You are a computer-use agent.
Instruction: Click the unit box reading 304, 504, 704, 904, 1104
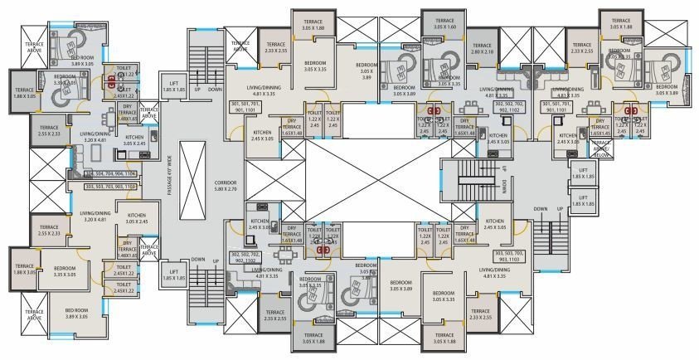(114, 174)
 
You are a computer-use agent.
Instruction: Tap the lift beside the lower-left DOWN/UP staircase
(173, 273)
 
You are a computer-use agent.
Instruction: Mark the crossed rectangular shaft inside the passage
(191, 179)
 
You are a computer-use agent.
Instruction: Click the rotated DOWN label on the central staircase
(503, 190)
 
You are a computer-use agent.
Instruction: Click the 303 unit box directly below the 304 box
(114, 187)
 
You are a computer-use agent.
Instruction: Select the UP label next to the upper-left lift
(197, 89)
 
